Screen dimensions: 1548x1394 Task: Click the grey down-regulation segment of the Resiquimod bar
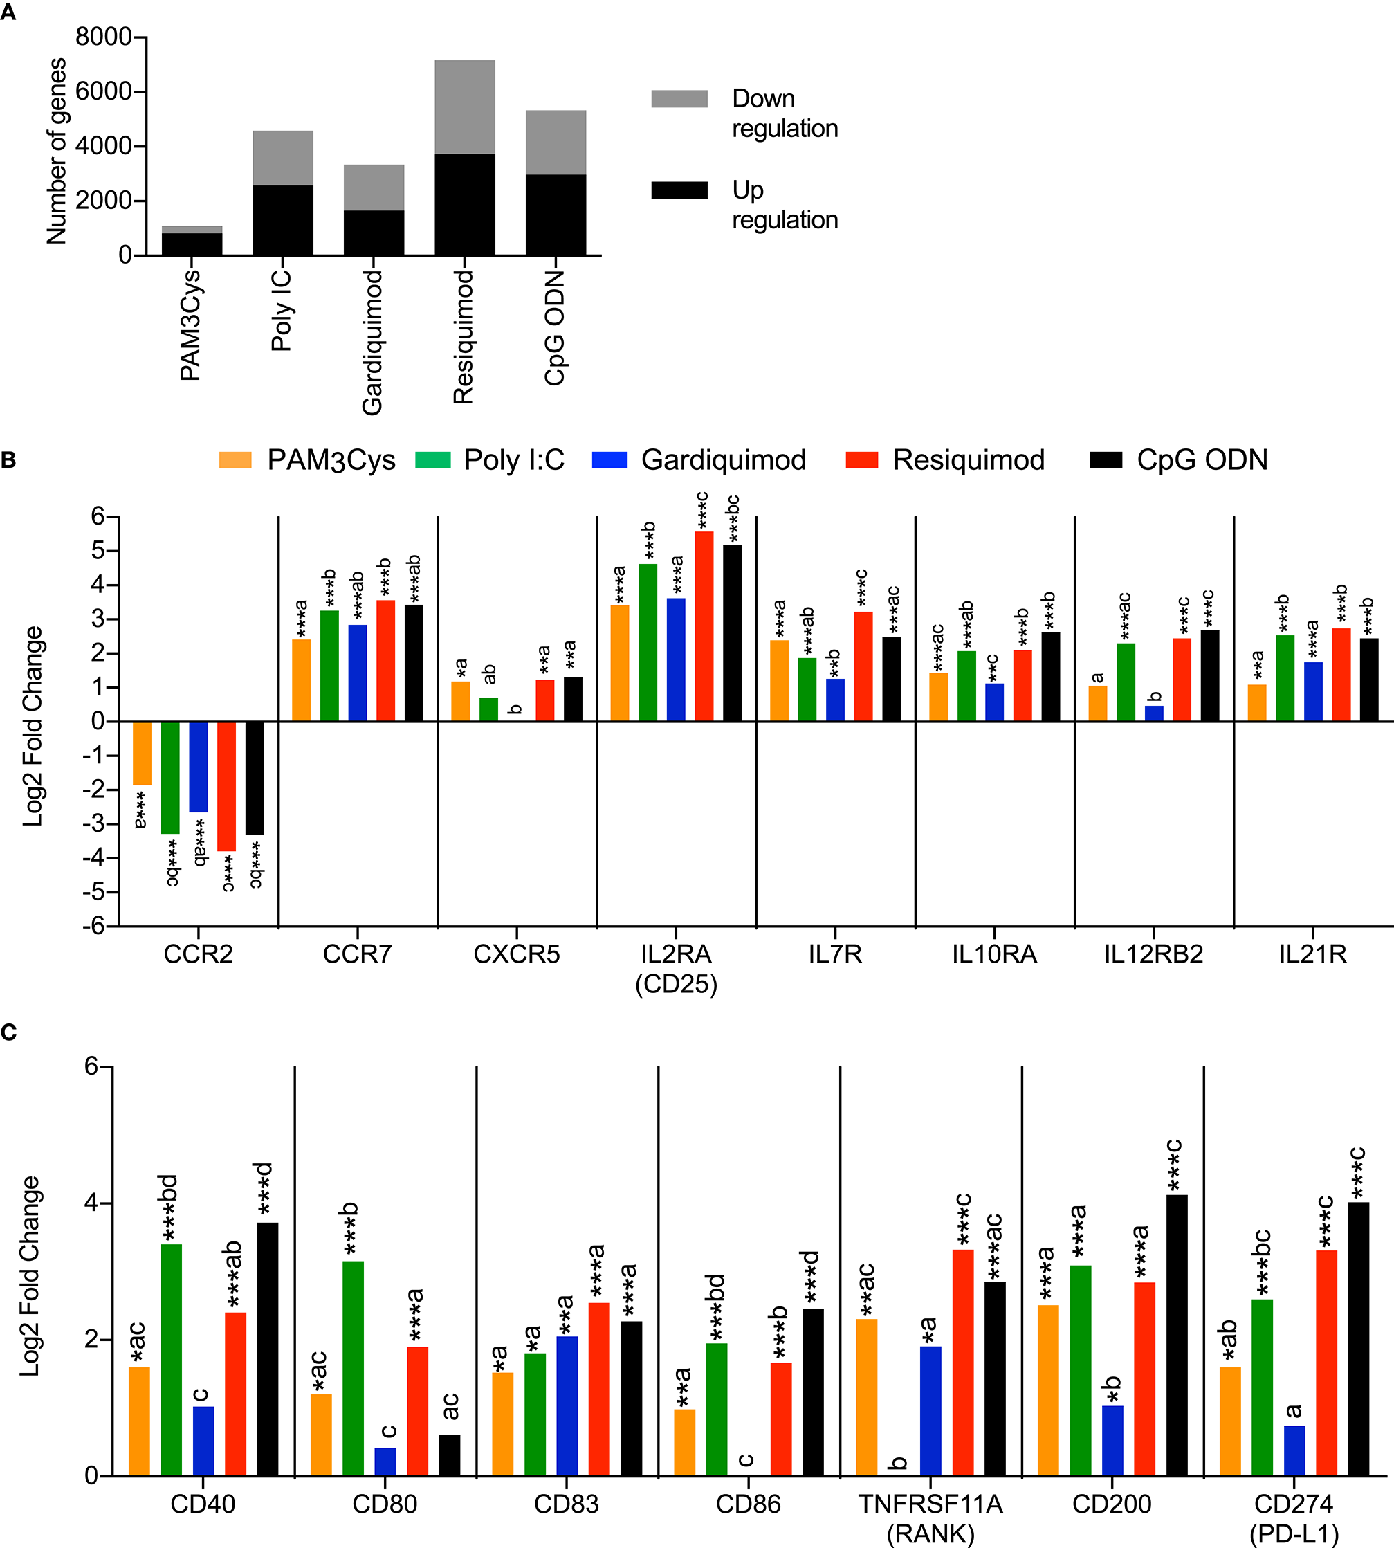click(x=464, y=107)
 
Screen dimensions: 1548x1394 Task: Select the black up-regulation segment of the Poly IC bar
click(x=283, y=220)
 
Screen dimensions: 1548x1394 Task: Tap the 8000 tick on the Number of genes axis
click(x=103, y=37)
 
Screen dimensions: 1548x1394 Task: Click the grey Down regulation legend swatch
click(x=679, y=99)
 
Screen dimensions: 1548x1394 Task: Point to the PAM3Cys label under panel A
click(x=190, y=325)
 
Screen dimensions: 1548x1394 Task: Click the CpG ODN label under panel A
click(x=555, y=328)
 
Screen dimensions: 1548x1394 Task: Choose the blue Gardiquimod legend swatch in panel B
click(x=609, y=459)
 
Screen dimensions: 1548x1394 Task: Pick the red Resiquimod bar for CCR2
click(x=227, y=785)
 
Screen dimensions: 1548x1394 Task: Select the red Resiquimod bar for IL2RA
click(x=704, y=626)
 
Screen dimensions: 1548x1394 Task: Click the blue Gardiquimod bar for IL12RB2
click(x=1153, y=713)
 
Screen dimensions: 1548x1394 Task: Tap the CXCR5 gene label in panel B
click(x=516, y=954)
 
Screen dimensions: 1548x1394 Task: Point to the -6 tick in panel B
click(x=93, y=925)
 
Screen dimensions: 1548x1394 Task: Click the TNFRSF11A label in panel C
click(x=930, y=1504)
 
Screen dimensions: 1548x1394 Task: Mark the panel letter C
click(x=8, y=1032)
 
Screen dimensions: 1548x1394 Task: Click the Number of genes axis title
click(x=56, y=151)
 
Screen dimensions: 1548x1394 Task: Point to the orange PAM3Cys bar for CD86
click(x=684, y=1442)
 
